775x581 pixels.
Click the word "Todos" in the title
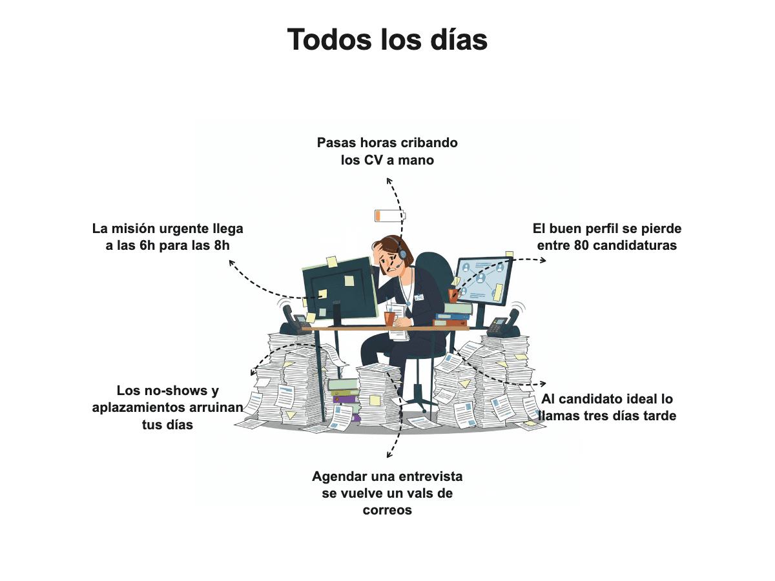click(331, 39)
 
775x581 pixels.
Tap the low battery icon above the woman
click(390, 216)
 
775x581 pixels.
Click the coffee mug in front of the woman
click(390, 318)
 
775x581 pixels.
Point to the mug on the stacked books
click(453, 296)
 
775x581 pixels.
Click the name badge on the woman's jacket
click(419, 298)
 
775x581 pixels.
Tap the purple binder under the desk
click(346, 400)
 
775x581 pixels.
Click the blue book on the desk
click(452, 316)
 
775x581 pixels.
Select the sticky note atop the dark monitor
click(331, 262)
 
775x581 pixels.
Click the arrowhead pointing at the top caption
click(389, 181)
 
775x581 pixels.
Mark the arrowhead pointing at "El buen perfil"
click(543, 260)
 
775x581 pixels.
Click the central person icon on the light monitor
click(480, 278)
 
